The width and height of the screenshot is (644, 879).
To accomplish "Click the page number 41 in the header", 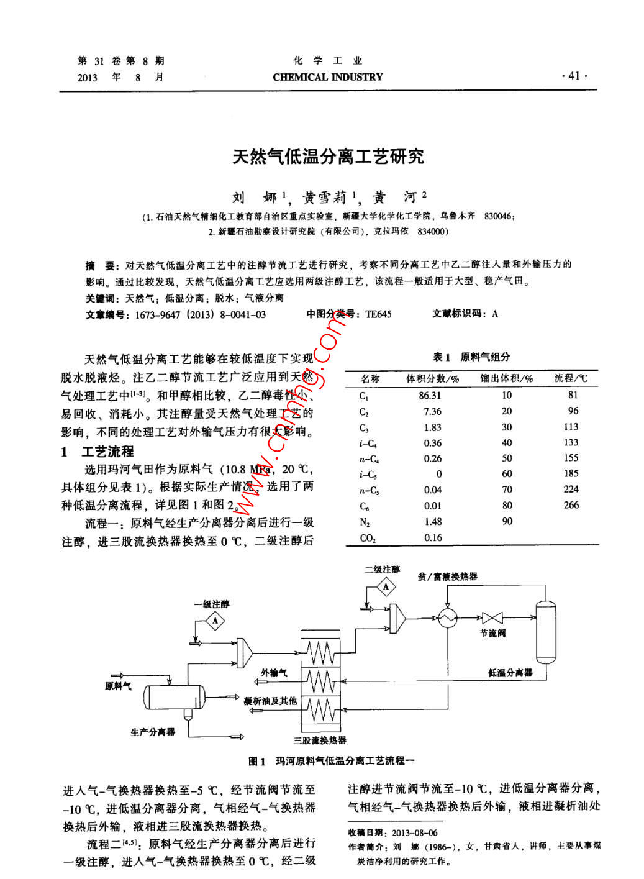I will [x=573, y=76].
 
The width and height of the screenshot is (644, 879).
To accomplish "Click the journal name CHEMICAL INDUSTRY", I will [x=327, y=77].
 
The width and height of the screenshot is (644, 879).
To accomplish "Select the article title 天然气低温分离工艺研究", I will [x=328, y=157].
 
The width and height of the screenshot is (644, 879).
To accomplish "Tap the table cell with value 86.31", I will [x=430, y=395].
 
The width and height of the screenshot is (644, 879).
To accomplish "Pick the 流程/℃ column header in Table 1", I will [x=571, y=378].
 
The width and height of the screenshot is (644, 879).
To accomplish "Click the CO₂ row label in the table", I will [x=368, y=538].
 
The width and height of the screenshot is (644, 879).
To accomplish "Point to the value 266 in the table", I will [x=571, y=505].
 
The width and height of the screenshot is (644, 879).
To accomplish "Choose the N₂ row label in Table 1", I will [x=365, y=522].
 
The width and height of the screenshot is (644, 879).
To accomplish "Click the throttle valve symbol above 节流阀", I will [x=492, y=617].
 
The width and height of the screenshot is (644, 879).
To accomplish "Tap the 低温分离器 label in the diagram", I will [x=510, y=673].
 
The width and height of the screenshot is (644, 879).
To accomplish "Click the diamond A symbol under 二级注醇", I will [x=386, y=586].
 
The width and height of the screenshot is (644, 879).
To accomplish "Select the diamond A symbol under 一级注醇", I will [x=215, y=620].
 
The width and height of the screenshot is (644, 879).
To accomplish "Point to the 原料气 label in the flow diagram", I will [x=118, y=686].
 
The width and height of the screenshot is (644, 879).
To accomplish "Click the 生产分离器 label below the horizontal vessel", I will [x=153, y=732].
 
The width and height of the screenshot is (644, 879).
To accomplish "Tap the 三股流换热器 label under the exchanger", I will [x=320, y=740].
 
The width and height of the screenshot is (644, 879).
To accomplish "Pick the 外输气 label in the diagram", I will [x=274, y=673].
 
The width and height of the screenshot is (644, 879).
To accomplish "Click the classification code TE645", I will [x=378, y=314].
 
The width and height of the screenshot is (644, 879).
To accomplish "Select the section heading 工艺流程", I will [x=107, y=452].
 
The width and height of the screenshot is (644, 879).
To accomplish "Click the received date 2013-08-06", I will [x=414, y=832].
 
